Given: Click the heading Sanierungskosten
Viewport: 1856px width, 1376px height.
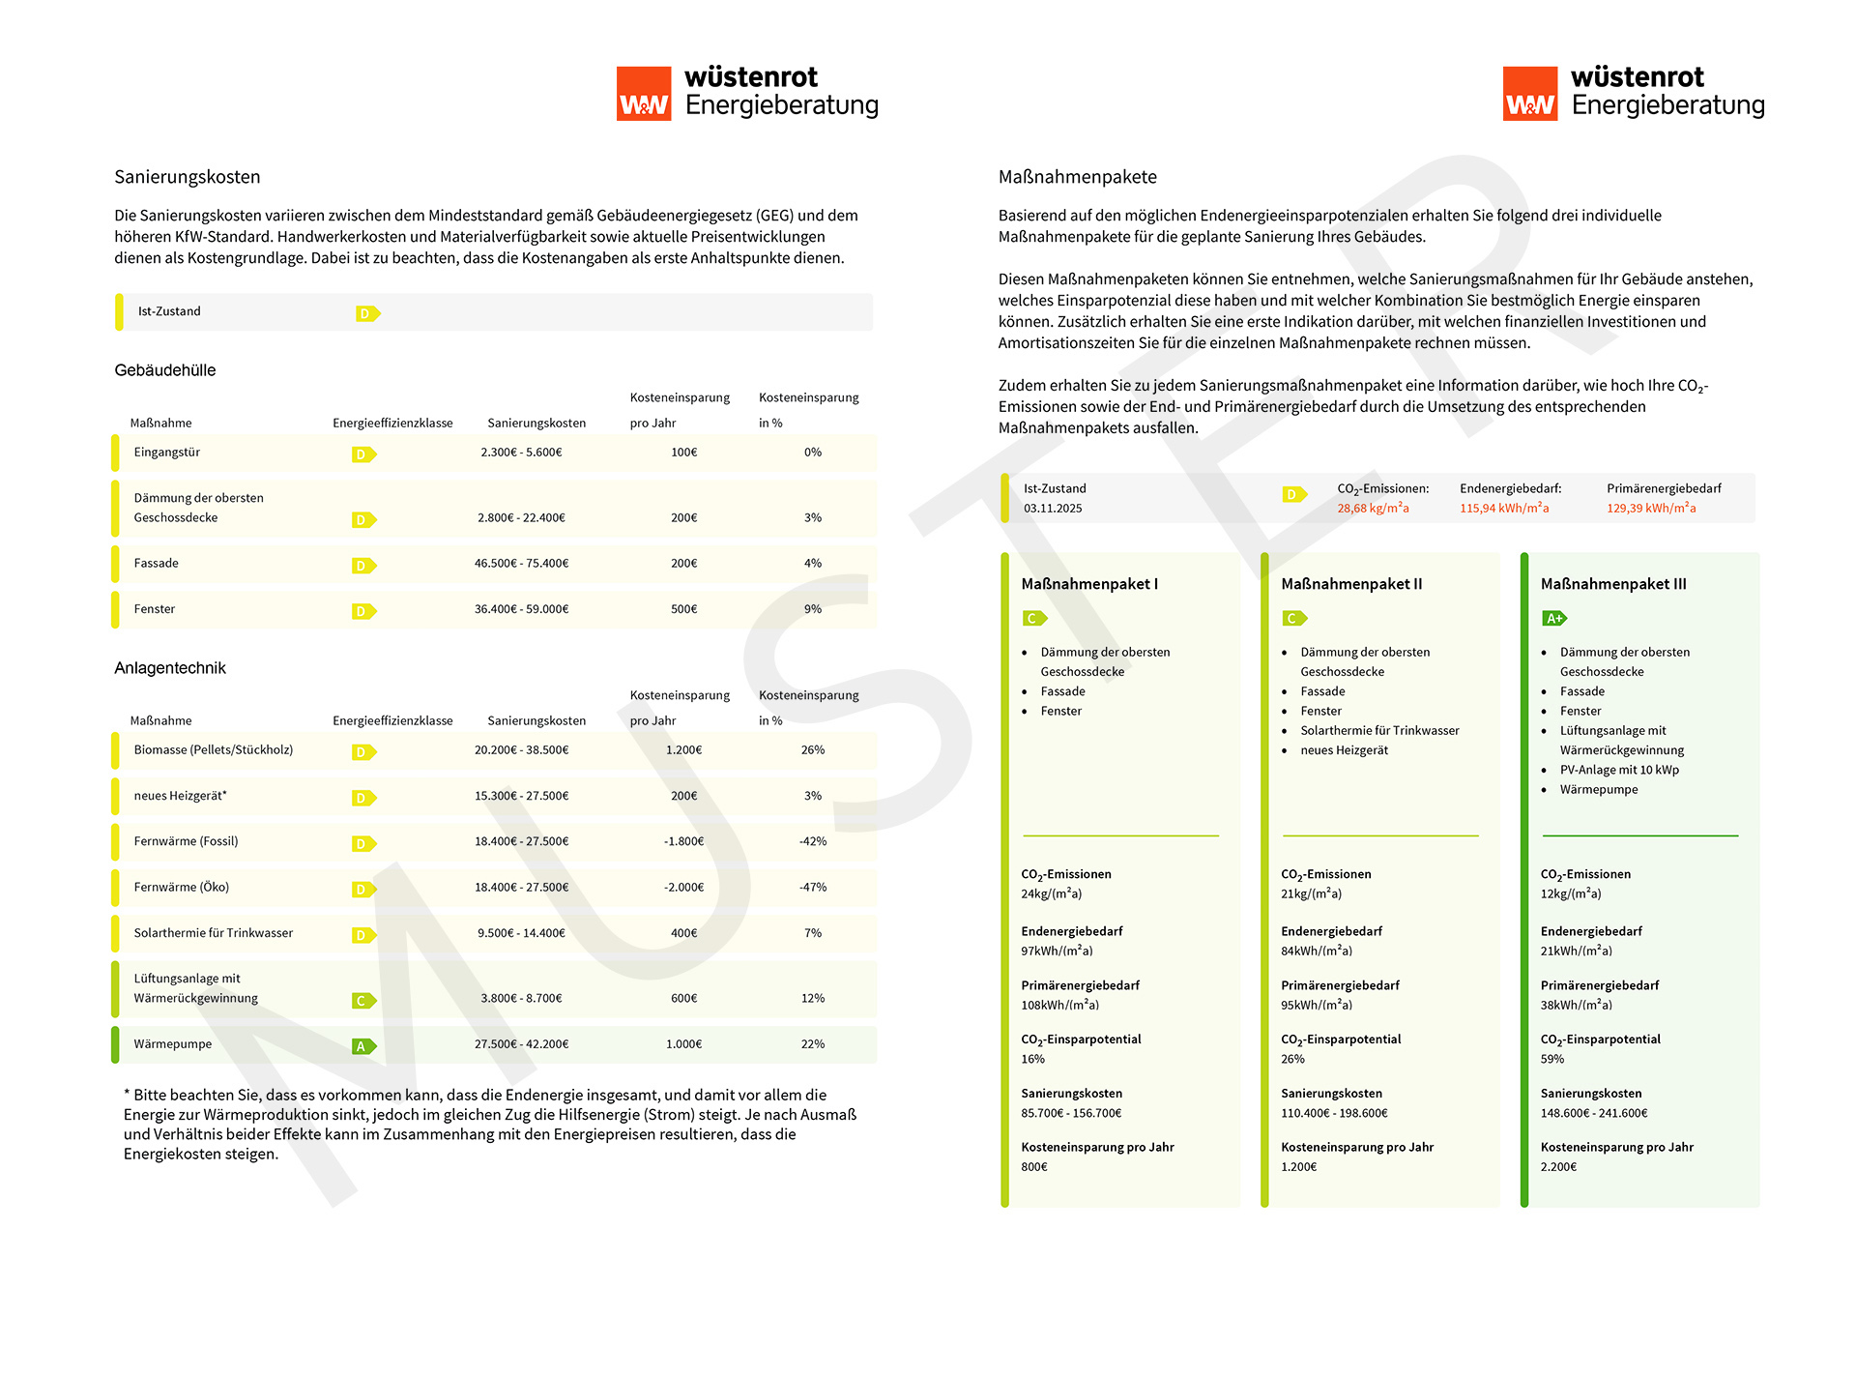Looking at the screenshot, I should [x=187, y=177].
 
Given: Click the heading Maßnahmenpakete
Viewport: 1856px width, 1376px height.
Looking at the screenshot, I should [x=1077, y=177].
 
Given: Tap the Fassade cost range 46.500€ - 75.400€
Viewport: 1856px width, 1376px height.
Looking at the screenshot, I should [x=521, y=564].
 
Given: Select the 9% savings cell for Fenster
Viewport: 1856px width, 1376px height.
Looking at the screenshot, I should [x=812, y=609].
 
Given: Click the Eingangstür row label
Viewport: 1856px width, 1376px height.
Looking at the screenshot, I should [x=166, y=453].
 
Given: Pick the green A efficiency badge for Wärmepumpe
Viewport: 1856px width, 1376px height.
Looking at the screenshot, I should [x=363, y=1046].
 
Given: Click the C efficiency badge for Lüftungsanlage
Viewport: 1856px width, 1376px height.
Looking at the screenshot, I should [x=363, y=1001].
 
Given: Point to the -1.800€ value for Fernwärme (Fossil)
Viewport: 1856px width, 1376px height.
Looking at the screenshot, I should [x=683, y=841].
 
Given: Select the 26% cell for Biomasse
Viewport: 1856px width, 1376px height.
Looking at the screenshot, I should [x=812, y=750].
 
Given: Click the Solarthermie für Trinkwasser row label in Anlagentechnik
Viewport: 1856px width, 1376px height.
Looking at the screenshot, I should [x=213, y=933].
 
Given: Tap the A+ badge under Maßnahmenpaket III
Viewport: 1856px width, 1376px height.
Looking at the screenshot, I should [x=1553, y=619].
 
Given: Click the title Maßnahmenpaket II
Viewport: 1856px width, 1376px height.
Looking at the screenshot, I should [x=1350, y=584].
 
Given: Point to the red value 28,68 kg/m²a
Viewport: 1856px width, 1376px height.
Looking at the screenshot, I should [x=1373, y=509].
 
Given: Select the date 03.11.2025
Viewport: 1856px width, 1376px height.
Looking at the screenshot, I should [x=1053, y=509].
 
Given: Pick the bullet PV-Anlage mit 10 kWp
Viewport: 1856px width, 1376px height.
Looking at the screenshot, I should [x=1619, y=771].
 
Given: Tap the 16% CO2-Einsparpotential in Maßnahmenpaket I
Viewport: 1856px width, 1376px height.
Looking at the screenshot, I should [x=1032, y=1060].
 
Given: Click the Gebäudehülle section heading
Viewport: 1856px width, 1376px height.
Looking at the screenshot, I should [x=165, y=370].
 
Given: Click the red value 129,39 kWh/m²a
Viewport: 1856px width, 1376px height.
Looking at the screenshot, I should [x=1651, y=509].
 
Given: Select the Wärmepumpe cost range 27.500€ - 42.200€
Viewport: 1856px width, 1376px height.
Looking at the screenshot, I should [x=521, y=1044].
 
